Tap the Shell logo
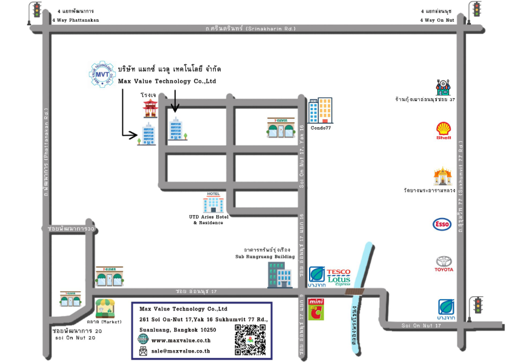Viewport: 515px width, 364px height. click(x=444, y=130)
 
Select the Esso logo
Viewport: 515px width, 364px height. click(x=442, y=225)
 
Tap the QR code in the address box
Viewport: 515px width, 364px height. click(x=250, y=340)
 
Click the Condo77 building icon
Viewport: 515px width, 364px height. click(x=320, y=111)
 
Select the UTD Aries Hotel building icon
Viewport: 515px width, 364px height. click(x=213, y=204)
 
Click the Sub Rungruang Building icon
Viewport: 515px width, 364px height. click(x=279, y=274)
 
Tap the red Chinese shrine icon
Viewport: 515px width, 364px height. click(x=150, y=108)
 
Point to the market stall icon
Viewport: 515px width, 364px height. click(x=105, y=308)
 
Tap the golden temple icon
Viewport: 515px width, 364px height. click(x=442, y=177)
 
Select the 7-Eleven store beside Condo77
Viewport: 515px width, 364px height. click(x=281, y=127)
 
